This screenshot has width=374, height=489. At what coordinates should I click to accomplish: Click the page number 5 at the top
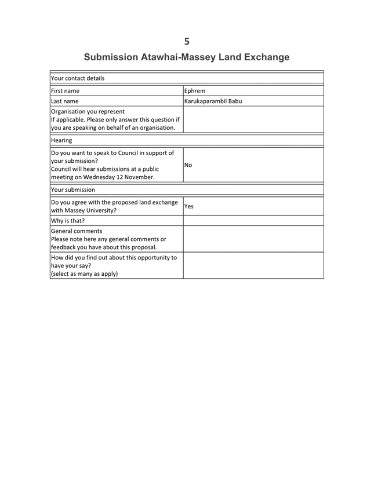pos(187,41)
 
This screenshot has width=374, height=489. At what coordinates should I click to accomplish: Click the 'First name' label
pos(66,90)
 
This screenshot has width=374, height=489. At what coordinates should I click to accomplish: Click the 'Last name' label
pos(65,101)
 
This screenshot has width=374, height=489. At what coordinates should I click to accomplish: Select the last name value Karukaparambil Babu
pos(213,101)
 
